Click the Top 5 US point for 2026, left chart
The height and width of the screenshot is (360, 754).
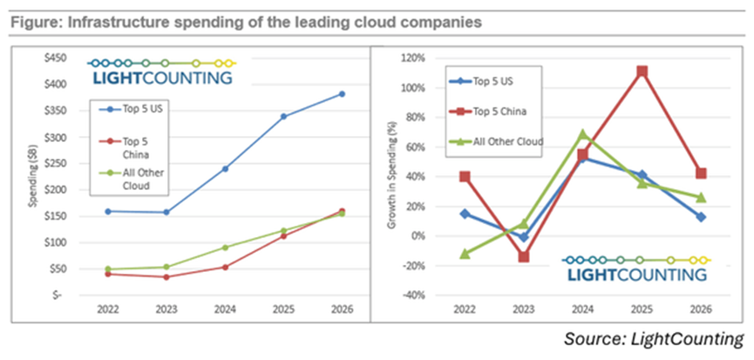342,93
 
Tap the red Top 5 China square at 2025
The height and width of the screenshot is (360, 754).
642,71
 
